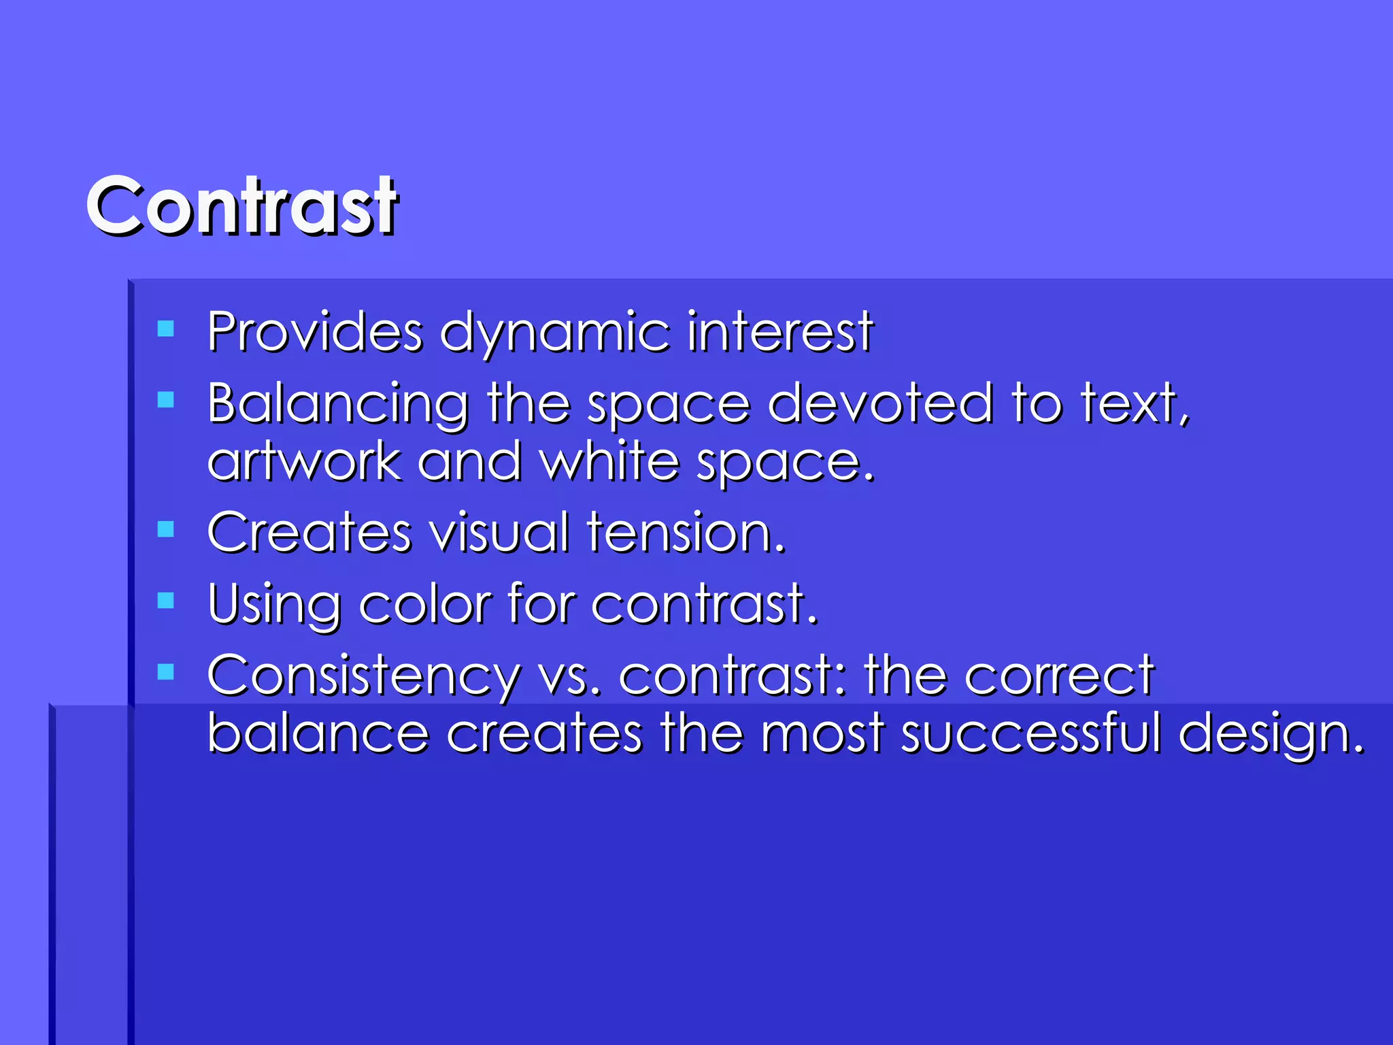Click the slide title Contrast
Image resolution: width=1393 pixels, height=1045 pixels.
(242, 205)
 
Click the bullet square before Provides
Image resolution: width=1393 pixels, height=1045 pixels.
(165, 329)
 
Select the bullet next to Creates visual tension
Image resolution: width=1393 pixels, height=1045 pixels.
(165, 529)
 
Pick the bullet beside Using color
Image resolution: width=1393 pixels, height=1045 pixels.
(165, 600)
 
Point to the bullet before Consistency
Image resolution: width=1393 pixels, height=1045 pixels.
(165, 672)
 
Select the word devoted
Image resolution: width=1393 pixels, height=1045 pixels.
(880, 403)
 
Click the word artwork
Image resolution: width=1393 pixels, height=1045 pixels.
(304, 462)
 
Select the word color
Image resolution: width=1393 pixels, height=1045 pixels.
(424, 604)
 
